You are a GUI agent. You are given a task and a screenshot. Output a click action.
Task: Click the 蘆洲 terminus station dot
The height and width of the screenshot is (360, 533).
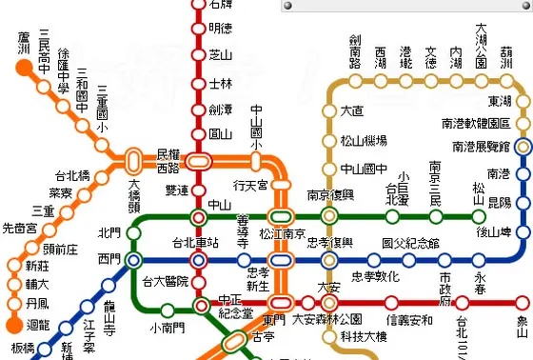point(23,67)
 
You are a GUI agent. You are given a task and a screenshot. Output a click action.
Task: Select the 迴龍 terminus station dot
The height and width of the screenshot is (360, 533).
point(14,306)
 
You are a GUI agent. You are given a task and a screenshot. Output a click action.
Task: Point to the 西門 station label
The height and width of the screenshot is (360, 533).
point(109,259)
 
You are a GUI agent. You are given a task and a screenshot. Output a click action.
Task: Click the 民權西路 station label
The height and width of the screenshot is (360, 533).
point(168,160)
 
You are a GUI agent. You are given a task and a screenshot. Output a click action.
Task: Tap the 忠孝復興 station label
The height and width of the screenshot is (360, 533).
point(328,243)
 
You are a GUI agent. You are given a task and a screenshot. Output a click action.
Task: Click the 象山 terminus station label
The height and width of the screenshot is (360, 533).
point(523,326)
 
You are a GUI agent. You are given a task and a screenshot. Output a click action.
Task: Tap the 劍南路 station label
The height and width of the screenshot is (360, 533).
point(355,53)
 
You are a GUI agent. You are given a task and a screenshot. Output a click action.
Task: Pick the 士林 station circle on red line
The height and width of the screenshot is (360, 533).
point(198,83)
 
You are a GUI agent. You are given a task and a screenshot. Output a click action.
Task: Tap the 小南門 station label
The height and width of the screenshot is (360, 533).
point(168,329)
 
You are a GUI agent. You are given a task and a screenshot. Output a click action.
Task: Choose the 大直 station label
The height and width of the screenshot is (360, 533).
point(352,110)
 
